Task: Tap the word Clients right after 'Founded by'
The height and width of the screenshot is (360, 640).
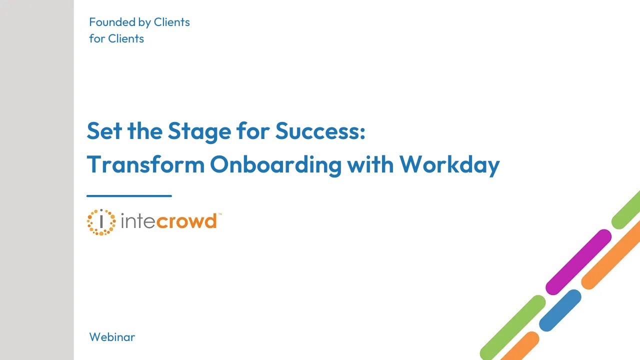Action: [x=171, y=22]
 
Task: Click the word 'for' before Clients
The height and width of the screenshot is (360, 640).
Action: [x=96, y=38]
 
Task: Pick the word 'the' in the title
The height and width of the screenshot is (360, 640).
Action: [x=145, y=131]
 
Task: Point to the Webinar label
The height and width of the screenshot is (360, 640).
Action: [x=112, y=337]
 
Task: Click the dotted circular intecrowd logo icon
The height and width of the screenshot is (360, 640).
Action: [x=101, y=222]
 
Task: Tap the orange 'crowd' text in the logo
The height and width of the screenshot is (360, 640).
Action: [x=186, y=221]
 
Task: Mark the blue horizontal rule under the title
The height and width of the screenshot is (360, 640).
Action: [x=129, y=196]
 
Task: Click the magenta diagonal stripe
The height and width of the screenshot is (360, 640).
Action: [x=578, y=262]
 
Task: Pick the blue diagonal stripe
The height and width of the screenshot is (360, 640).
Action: [x=560, y=310]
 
